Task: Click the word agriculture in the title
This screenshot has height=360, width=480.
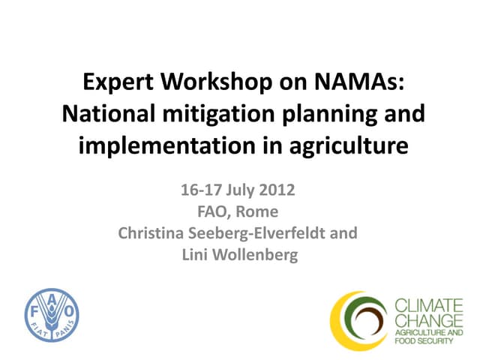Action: (x=342, y=145)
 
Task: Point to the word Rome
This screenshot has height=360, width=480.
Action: (x=262, y=211)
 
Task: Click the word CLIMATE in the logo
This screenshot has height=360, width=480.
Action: (x=428, y=305)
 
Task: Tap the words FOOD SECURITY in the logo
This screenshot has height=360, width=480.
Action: (x=426, y=341)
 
